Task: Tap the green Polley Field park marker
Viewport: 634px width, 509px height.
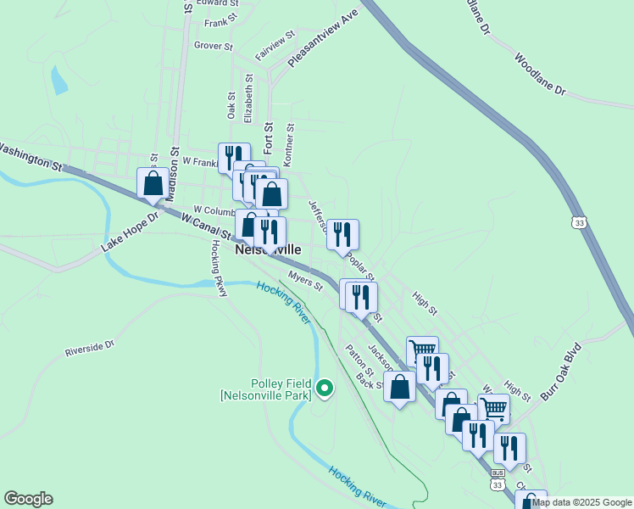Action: (324, 389)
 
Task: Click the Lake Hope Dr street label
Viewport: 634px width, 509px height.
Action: (130, 232)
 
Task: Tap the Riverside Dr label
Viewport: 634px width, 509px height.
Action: (89, 349)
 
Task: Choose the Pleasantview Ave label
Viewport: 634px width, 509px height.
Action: (324, 39)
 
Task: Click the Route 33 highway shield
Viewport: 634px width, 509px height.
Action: (578, 221)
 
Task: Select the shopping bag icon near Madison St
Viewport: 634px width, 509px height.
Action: (153, 183)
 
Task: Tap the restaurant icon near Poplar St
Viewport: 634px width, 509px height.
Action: (342, 233)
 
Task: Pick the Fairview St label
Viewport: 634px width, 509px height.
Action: (274, 46)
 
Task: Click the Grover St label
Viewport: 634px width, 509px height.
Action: (213, 46)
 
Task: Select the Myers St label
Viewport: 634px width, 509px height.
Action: (305, 281)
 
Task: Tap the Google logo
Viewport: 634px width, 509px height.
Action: (28, 499)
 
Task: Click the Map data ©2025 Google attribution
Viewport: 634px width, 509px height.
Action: (582, 502)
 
